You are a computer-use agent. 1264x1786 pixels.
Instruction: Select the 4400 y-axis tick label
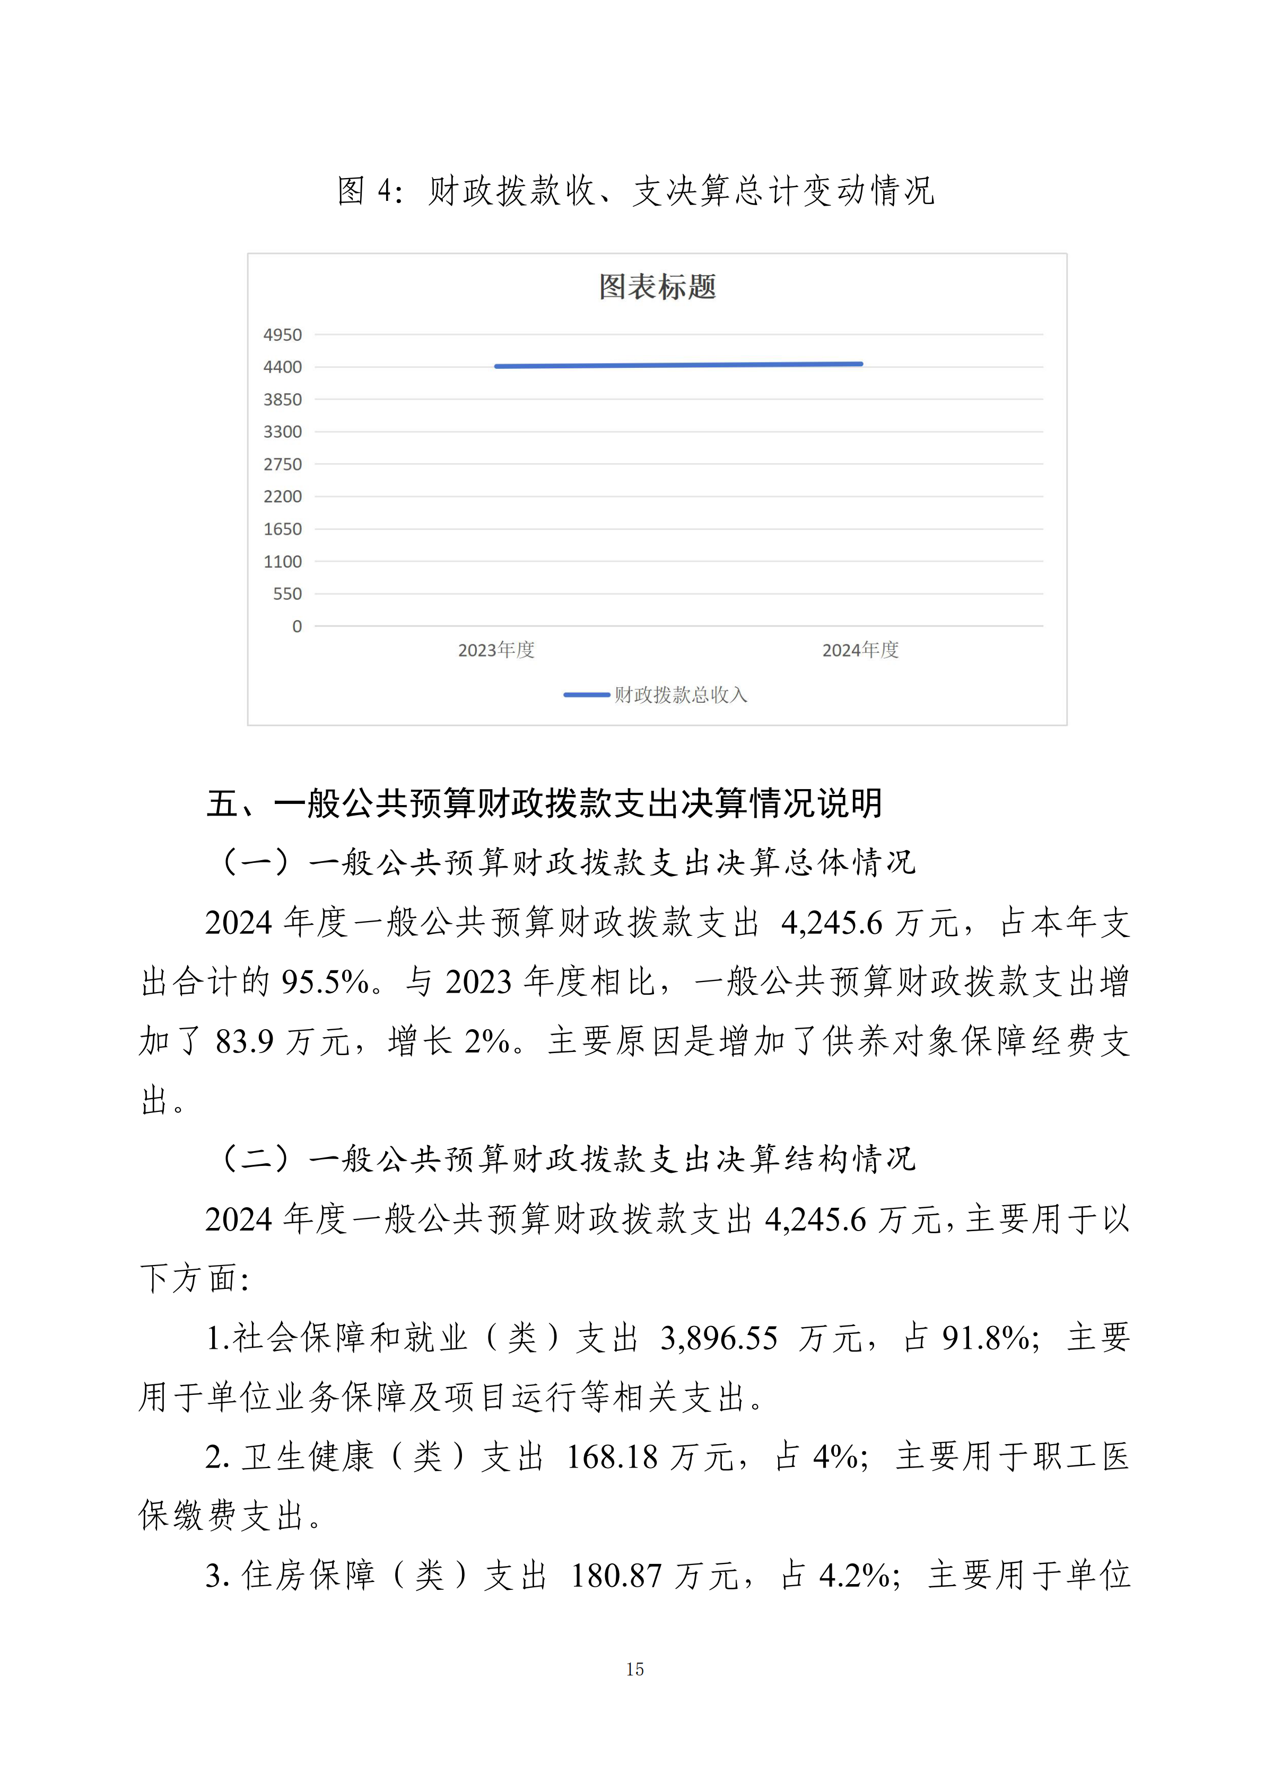click(283, 367)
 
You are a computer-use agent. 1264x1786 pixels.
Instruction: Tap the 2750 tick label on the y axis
click(283, 464)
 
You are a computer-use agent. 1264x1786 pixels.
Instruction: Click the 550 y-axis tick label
click(287, 594)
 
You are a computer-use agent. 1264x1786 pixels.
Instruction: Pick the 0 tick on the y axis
click(297, 626)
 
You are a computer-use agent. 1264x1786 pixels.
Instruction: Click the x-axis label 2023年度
click(496, 650)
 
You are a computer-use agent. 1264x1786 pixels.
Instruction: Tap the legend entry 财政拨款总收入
click(679, 695)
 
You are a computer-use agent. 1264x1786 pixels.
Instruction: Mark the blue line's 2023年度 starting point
click(496, 366)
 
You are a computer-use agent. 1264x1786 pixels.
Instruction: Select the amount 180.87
click(616, 1577)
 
